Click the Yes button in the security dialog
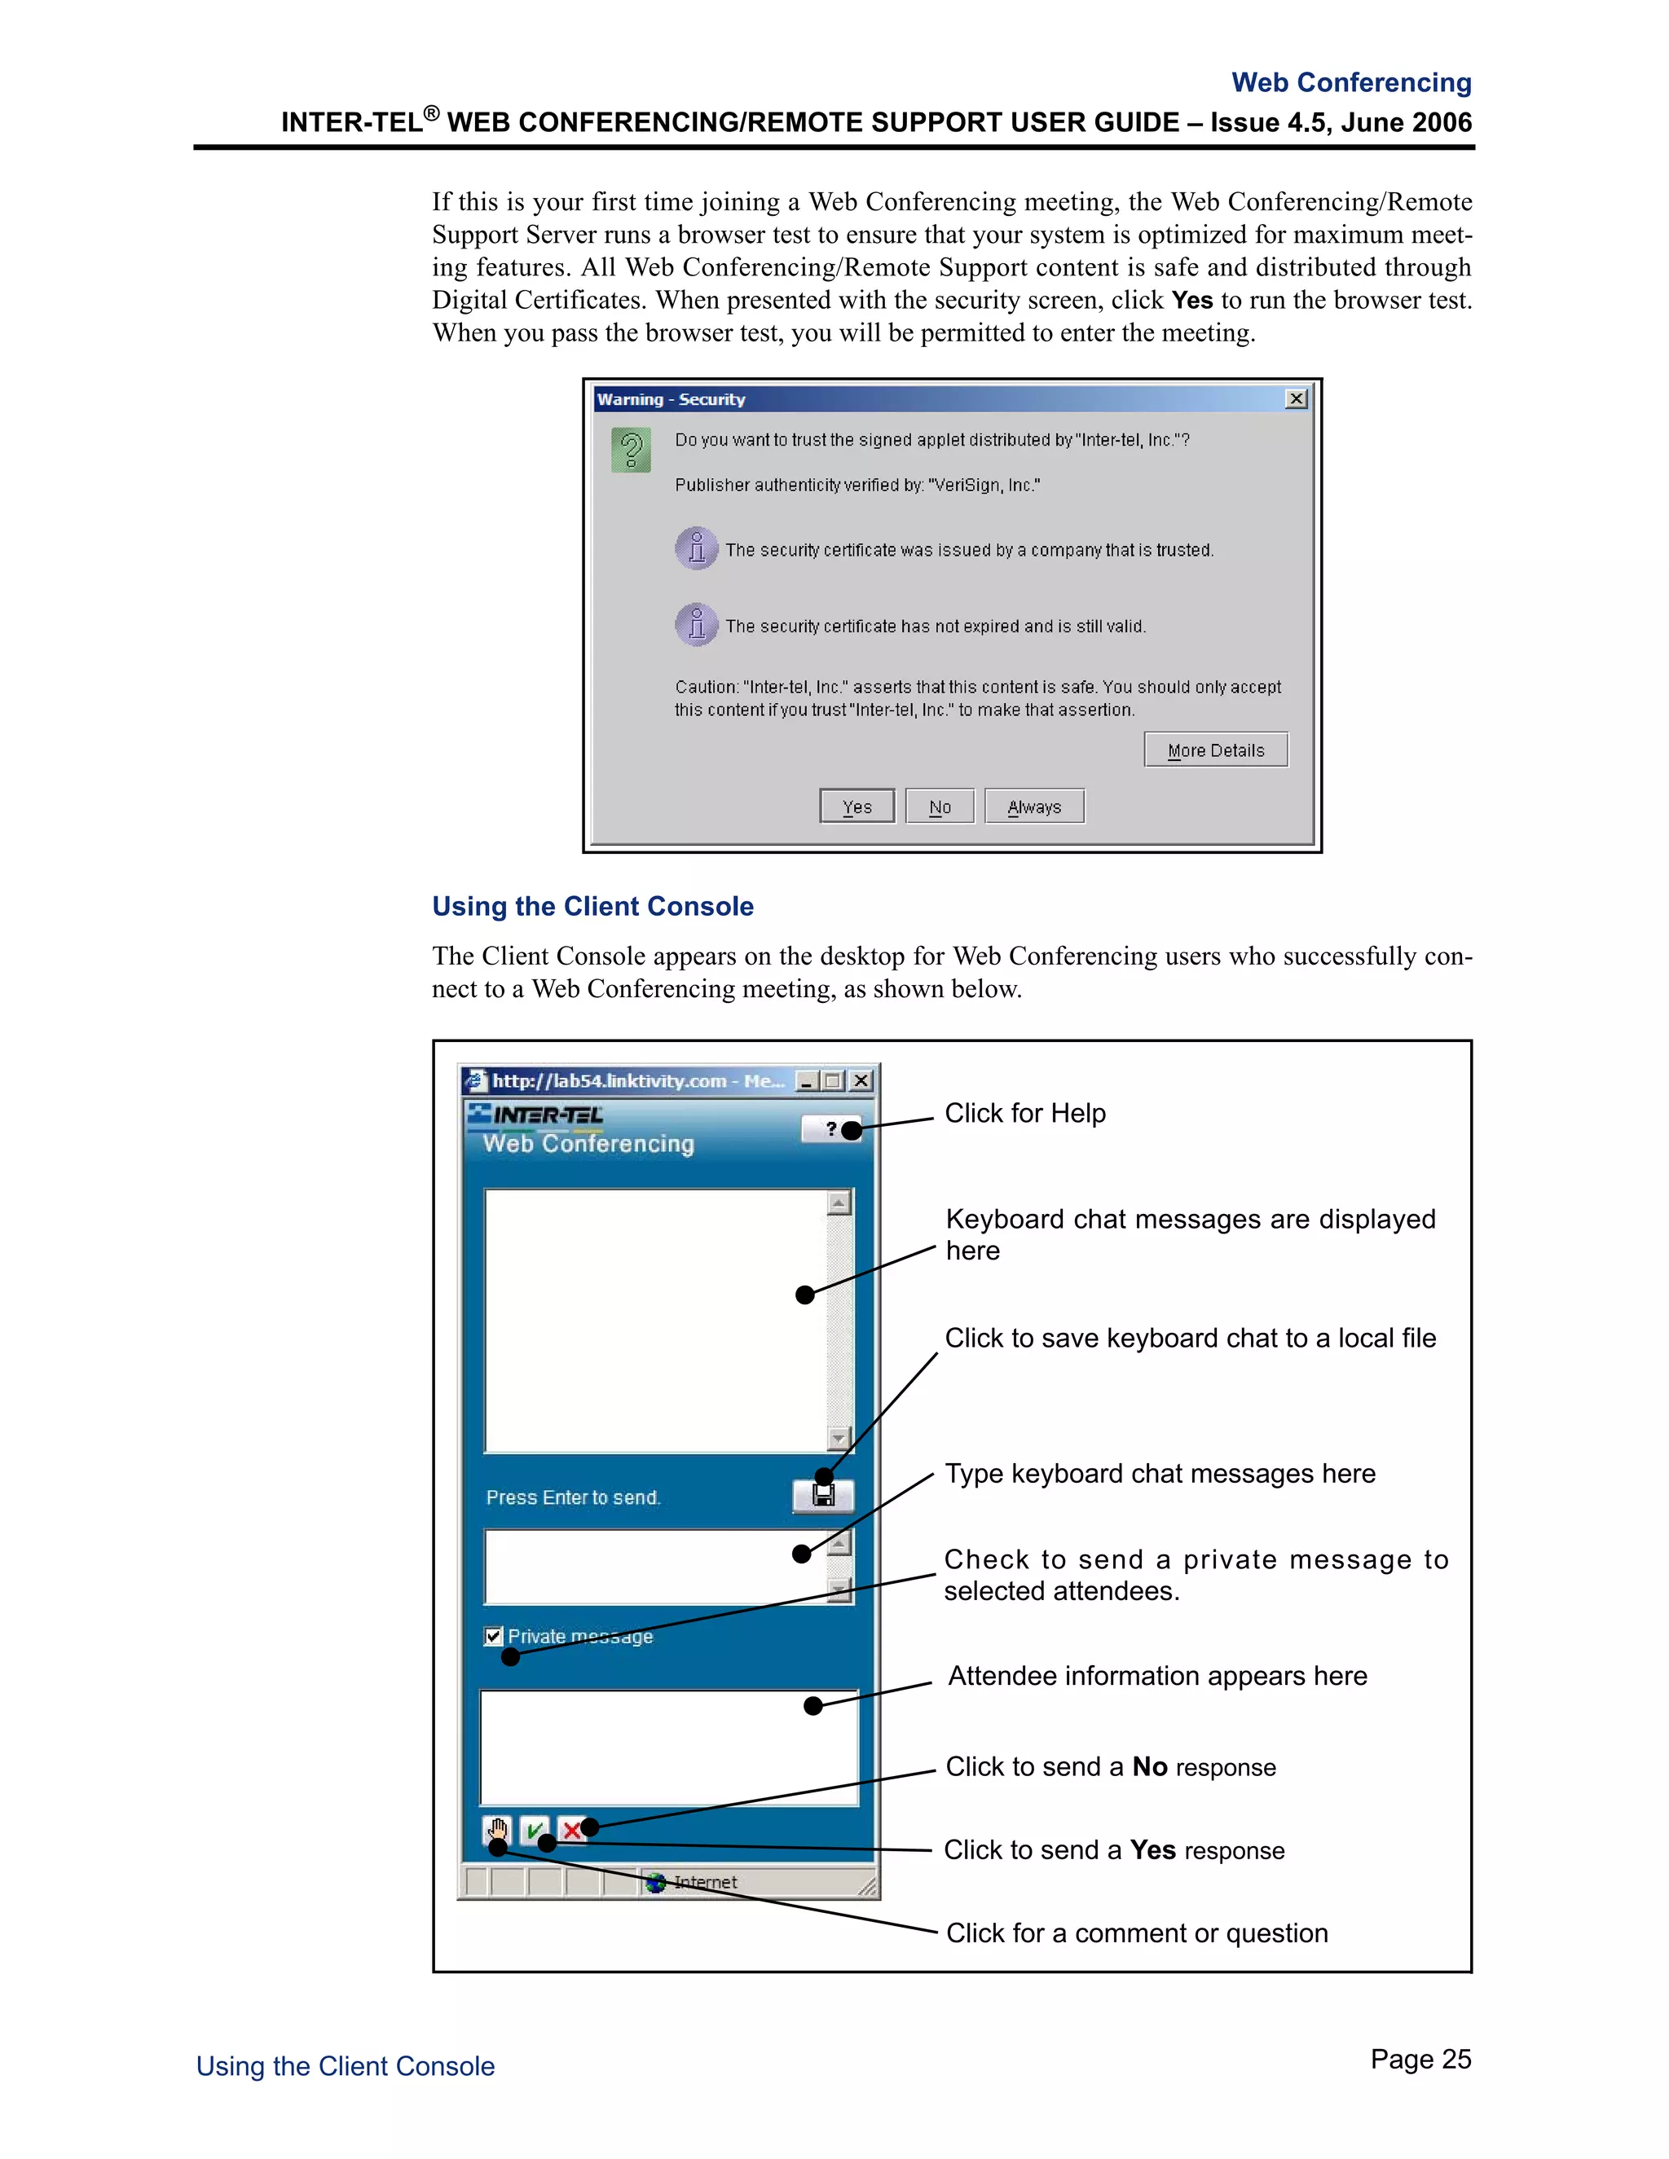(x=857, y=807)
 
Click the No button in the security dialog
(x=940, y=807)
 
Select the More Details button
(x=1215, y=750)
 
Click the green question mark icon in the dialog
(x=631, y=450)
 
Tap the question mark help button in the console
(x=831, y=1128)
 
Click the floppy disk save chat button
(x=822, y=1496)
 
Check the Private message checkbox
(x=493, y=1636)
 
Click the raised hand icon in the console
(x=497, y=1830)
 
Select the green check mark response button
(x=534, y=1830)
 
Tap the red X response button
(x=570, y=1830)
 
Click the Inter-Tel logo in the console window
(x=536, y=1115)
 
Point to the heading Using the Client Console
(x=592, y=907)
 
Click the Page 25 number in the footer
(x=1420, y=2059)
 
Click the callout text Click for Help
(x=1024, y=1113)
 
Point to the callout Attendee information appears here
(x=1157, y=1676)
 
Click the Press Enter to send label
(x=572, y=1497)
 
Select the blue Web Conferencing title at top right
(x=1350, y=82)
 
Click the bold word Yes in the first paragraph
(x=1191, y=301)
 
